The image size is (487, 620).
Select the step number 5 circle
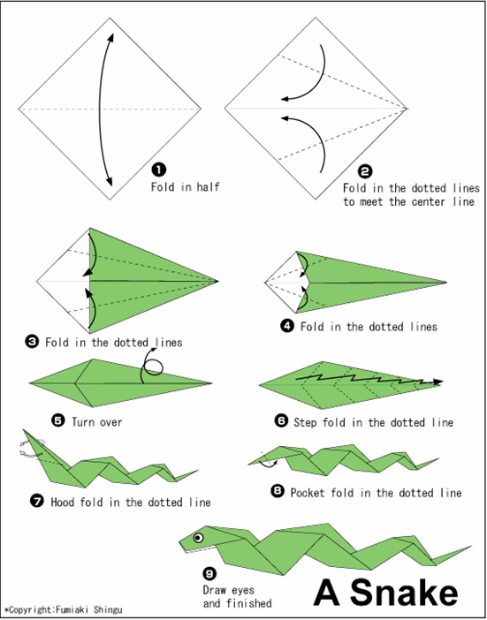point(58,421)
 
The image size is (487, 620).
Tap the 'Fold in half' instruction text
point(184,186)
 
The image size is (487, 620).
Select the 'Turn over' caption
point(99,422)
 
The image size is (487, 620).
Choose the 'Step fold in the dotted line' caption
point(376,423)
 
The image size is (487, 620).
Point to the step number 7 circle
point(37,502)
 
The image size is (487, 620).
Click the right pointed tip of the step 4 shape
point(447,284)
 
